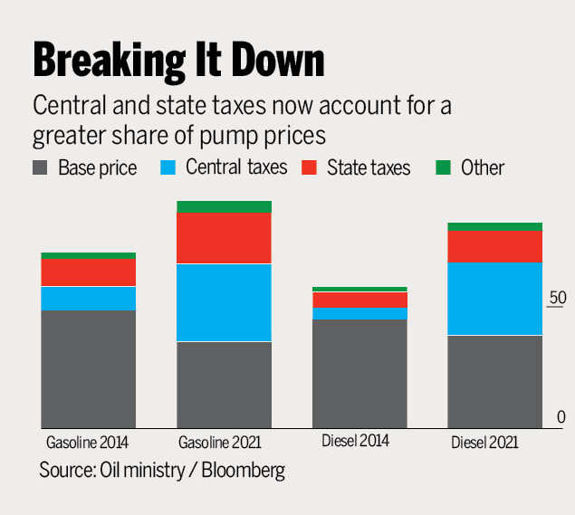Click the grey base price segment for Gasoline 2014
coord(88,368)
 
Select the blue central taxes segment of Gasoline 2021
coord(224,302)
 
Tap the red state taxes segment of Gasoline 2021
coord(224,238)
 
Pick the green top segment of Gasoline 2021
coord(224,206)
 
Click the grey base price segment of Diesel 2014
coord(359,373)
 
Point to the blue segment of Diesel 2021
coord(495,299)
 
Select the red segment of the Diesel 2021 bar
coord(495,246)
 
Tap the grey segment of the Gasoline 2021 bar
coord(224,385)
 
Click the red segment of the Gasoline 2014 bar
coord(88,272)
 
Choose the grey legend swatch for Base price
coord(40,167)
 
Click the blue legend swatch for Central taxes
coord(168,167)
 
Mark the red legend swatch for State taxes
coord(310,167)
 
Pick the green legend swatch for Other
coord(443,167)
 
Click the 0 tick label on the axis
coord(561,417)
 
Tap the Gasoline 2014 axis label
coord(87,443)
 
